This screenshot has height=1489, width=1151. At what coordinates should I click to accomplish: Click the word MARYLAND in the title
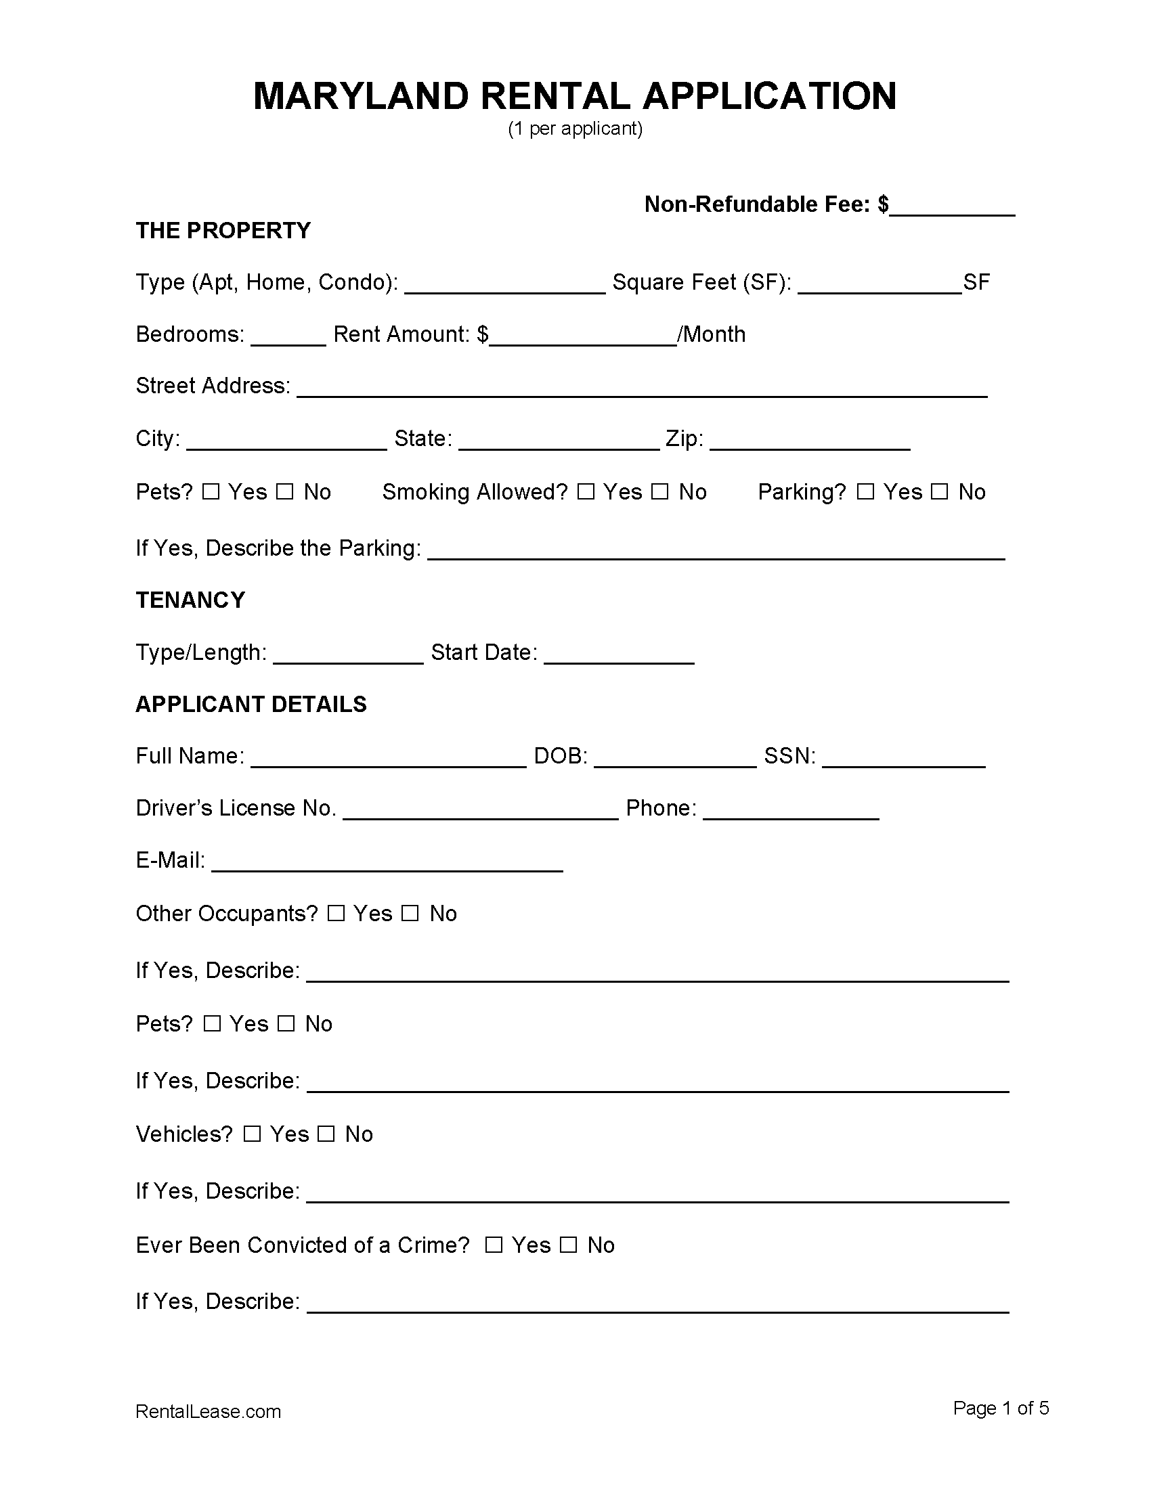(361, 96)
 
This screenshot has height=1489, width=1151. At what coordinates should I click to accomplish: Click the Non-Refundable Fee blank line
(952, 207)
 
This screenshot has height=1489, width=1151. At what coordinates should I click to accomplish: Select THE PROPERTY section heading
(223, 230)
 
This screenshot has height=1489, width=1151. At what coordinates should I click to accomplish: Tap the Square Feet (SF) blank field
(879, 285)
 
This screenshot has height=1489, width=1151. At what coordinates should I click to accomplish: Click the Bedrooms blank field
(288, 337)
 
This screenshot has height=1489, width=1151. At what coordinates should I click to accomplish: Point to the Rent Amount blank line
(583, 337)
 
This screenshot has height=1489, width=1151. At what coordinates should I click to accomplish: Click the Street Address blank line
(642, 388)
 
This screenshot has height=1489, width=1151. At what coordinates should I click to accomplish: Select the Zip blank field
(810, 441)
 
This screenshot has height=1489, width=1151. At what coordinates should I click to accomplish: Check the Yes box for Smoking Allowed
(586, 492)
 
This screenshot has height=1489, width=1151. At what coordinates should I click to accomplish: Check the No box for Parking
(940, 492)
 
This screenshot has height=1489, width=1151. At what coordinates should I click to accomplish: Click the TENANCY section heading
(190, 600)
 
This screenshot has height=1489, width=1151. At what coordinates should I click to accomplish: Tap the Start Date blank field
(619, 655)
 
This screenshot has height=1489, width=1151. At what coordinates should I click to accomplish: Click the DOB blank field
(675, 759)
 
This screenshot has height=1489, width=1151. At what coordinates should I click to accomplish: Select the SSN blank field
(903, 759)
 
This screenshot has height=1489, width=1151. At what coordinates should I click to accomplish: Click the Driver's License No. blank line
(481, 811)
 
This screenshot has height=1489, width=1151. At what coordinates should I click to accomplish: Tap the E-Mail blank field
(387, 863)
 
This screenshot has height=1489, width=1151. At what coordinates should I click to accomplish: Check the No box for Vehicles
(326, 1134)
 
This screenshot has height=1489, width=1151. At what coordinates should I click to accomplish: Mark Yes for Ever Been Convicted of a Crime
(494, 1245)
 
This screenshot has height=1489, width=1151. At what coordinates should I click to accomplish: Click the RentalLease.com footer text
(208, 1411)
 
